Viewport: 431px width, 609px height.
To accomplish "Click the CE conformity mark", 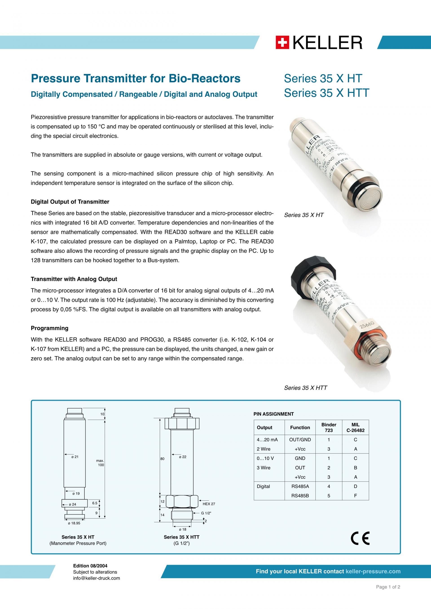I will click(x=360, y=538).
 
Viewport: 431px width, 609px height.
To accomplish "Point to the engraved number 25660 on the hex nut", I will click(x=367, y=325).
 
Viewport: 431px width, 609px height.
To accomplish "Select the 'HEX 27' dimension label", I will click(x=209, y=504).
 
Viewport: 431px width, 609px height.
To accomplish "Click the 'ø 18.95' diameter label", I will click(x=74, y=523).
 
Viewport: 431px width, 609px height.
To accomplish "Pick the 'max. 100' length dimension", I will click(x=100, y=463).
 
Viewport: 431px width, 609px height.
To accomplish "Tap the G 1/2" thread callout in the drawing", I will click(x=206, y=513).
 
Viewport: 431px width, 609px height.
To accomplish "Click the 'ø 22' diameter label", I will click(x=183, y=457).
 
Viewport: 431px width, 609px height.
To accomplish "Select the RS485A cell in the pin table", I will click(x=300, y=486).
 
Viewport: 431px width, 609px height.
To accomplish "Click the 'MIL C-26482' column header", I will click(x=355, y=427).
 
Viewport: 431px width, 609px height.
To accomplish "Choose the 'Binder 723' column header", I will click(x=329, y=427).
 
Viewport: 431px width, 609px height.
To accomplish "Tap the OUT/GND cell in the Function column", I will click(x=300, y=439).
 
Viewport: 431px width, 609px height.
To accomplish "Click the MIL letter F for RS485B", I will click(x=355, y=495).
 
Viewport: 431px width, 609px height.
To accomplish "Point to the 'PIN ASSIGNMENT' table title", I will click(x=273, y=414).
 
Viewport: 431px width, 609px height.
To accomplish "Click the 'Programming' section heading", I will click(x=50, y=328).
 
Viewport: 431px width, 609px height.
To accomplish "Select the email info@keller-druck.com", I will click(x=97, y=578).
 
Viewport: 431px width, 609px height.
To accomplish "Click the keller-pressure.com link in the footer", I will click(x=373, y=571).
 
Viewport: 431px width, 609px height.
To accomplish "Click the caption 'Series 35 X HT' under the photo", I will click(x=304, y=215).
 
